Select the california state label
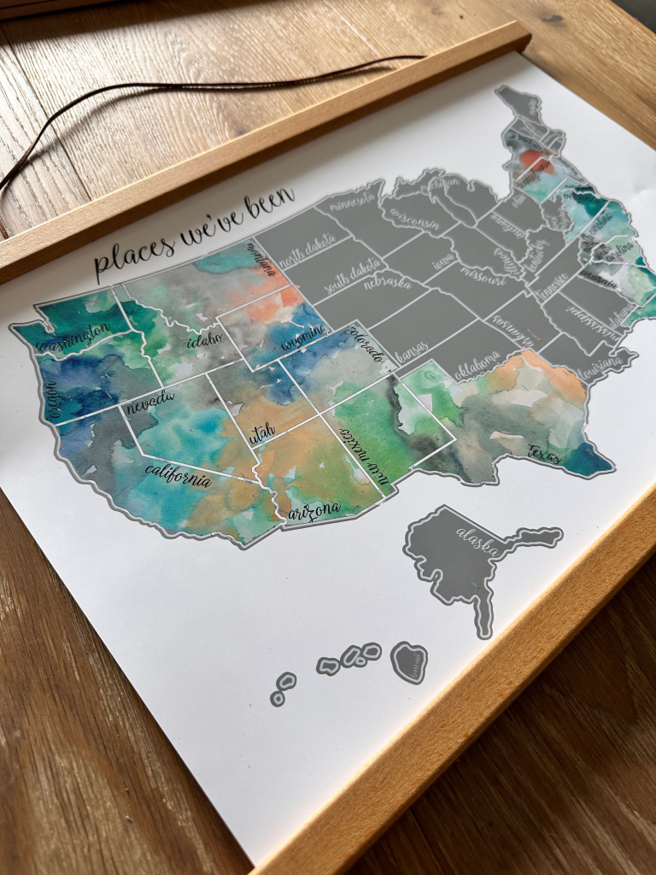pos(179,475)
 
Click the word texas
pos(543,453)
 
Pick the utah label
pos(262,432)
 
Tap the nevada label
pos(150,400)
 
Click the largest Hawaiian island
pos(409,662)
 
